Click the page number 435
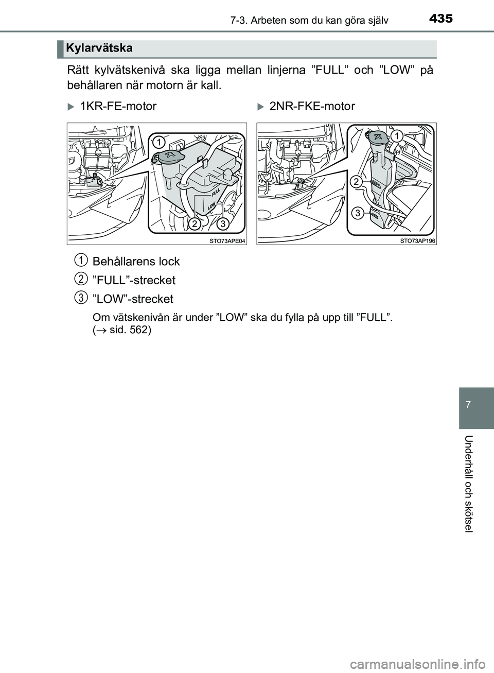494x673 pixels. (x=440, y=19)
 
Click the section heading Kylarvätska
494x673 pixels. (x=99, y=48)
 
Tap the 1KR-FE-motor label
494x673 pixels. (x=118, y=107)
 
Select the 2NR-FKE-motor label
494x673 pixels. (x=312, y=107)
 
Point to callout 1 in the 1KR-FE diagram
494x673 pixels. (x=160, y=141)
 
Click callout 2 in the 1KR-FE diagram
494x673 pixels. (x=195, y=224)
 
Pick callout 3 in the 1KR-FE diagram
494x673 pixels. (x=222, y=224)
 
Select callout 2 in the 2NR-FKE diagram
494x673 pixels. (x=356, y=181)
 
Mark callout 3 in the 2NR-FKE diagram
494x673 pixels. (x=356, y=212)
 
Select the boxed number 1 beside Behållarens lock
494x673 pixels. (x=80, y=259)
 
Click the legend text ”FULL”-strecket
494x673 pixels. (x=134, y=281)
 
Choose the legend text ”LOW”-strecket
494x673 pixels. (x=133, y=299)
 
